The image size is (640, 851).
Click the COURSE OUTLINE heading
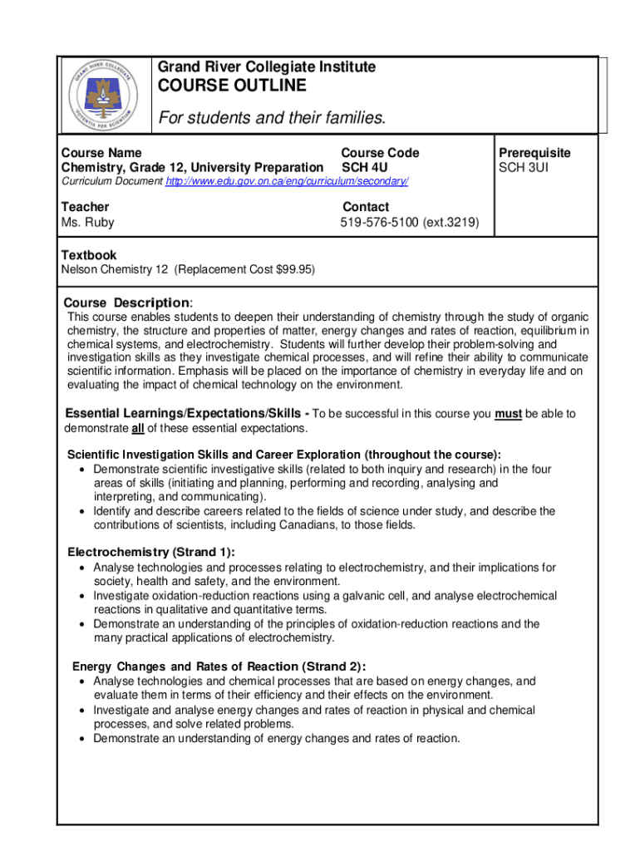pos(232,86)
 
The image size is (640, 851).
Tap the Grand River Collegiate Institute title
pos(267,66)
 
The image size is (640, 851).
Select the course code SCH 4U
pos(365,168)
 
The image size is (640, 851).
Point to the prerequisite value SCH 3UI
pos(524,168)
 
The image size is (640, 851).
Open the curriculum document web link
pos(287,181)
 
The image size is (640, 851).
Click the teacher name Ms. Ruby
pos(88,223)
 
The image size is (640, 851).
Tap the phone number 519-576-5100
pos(380,223)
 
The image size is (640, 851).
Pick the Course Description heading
pos(128,302)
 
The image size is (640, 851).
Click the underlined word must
pos(508,413)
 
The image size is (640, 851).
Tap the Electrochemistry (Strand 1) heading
pos(150,552)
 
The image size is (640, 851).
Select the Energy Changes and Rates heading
pos(219,666)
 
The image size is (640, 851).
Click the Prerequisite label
pos(534,153)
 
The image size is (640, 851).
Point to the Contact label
pos(365,207)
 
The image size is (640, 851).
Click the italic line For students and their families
pos(273,118)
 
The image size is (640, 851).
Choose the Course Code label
pos(380,153)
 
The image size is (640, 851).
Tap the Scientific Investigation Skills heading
pos(283,455)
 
